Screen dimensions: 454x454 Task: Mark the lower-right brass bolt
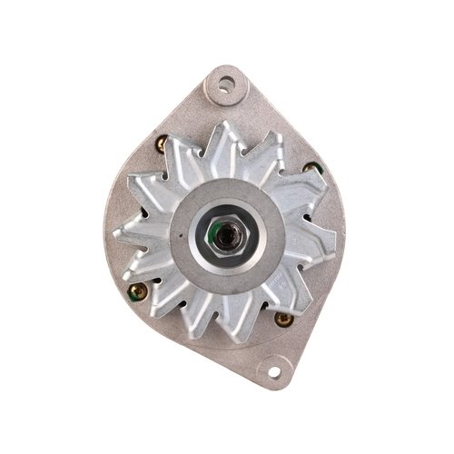(282, 318)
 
